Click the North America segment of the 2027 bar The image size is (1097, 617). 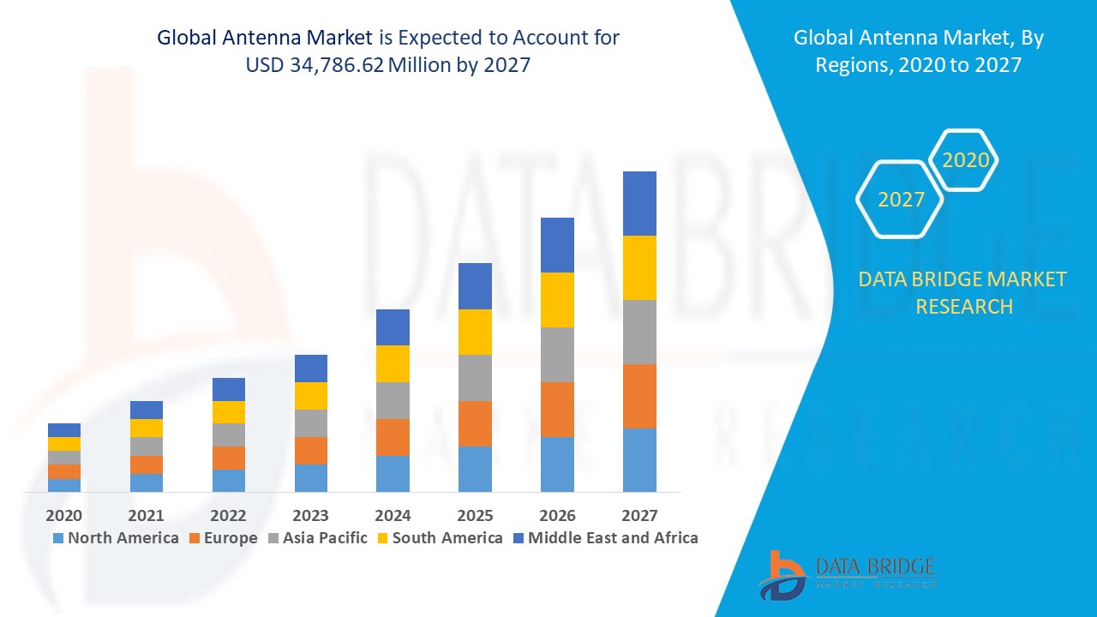639,460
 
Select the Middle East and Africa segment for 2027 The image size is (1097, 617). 639,203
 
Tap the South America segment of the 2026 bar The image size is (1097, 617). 557,300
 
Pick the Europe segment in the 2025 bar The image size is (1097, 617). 475,423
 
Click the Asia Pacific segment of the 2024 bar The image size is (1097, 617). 393,400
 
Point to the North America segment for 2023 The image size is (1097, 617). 310,478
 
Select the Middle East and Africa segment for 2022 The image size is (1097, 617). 228,389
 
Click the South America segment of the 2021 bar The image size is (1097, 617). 146,428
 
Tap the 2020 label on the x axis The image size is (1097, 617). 63,515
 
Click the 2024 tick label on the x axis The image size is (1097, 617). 393,515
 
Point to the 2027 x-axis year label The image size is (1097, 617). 639,515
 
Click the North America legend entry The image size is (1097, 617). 116,538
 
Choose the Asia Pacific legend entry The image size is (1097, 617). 318,538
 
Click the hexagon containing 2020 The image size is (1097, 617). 965,160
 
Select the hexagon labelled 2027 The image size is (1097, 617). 901,200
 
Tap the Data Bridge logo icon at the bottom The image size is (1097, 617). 781,575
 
